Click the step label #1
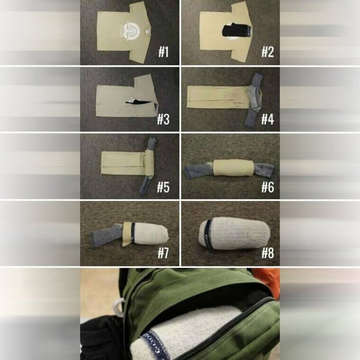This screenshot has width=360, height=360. pos(163,52)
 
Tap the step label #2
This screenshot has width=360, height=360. pos(268,52)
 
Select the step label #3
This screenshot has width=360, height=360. pos(163,119)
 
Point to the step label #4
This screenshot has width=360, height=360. pos(268,119)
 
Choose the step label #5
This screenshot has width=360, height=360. pos(163,187)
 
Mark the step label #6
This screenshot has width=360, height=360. pos(268,187)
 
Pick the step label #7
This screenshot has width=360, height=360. pos(163,253)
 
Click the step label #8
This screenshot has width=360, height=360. pos(268,253)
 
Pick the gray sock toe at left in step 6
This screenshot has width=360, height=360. pos(195,171)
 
